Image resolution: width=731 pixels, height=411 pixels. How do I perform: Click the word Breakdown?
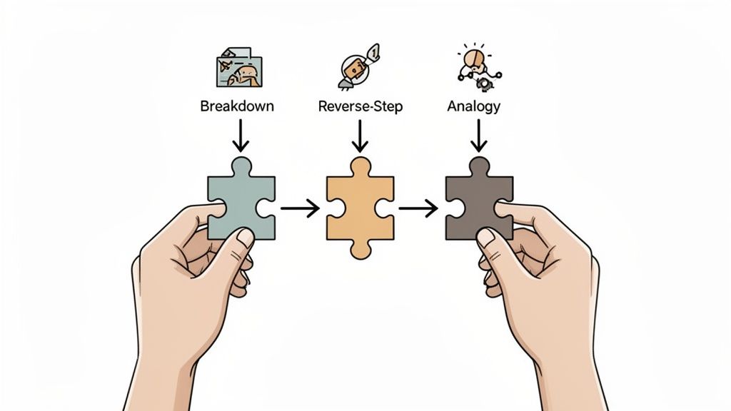[237, 106]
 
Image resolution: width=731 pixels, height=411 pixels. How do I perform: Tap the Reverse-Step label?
[360, 106]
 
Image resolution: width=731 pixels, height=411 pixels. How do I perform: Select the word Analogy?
[473, 106]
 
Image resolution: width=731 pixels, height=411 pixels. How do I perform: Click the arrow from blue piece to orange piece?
[299, 208]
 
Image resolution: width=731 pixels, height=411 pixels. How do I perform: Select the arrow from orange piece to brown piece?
[418, 208]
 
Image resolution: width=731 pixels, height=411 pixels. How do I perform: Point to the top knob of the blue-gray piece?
[241, 163]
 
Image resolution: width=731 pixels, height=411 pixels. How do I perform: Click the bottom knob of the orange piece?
[360, 247]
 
